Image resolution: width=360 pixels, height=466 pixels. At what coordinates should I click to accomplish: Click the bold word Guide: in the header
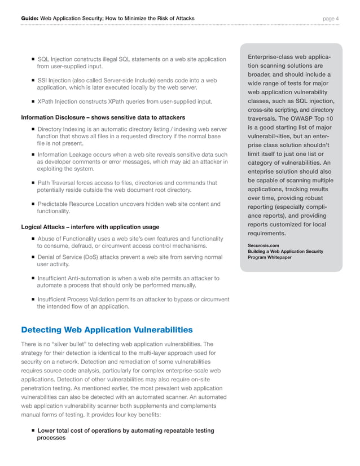click(x=29, y=19)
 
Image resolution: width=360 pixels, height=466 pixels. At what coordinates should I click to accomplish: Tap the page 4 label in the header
click(x=330, y=19)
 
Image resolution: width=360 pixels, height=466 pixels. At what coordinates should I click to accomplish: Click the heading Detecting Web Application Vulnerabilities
click(x=107, y=329)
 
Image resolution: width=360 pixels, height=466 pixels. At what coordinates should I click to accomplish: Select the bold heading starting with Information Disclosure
click(x=103, y=117)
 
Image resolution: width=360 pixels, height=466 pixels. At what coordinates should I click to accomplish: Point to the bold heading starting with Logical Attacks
click(x=90, y=227)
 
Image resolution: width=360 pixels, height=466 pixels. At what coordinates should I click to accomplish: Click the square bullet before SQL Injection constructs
click(x=34, y=60)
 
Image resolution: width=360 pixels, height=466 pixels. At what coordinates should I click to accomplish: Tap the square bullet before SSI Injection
click(x=34, y=81)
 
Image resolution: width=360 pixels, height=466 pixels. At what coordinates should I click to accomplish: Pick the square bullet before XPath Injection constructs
click(x=34, y=102)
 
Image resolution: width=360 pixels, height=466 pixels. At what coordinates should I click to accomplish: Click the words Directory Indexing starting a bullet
click(x=62, y=130)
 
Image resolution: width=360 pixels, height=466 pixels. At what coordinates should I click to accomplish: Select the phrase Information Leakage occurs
click(x=73, y=155)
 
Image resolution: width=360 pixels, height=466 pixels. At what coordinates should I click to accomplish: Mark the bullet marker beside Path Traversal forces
click(x=34, y=183)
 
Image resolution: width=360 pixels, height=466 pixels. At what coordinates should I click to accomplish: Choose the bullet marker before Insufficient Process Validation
click(x=34, y=300)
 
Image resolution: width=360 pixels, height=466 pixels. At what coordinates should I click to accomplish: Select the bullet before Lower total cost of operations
click(x=34, y=431)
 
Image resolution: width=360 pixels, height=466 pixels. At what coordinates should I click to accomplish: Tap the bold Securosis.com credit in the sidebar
click(x=263, y=245)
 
